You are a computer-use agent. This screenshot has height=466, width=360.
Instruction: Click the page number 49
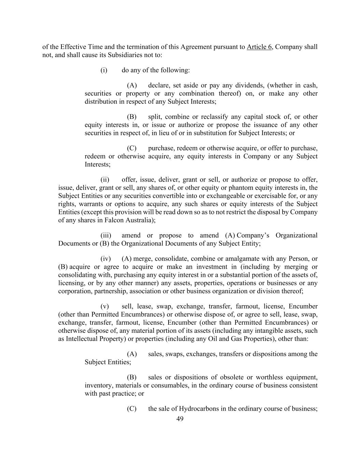point(180,419)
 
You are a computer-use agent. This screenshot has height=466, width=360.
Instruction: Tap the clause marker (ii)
point(105,180)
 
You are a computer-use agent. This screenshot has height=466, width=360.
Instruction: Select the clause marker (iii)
point(105,236)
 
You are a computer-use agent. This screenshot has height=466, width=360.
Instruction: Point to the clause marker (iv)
point(105,259)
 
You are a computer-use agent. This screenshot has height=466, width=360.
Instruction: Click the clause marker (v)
point(104,306)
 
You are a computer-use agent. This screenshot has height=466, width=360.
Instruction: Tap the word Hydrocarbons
point(199,409)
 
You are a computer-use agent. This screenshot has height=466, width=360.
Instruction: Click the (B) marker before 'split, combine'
point(132,117)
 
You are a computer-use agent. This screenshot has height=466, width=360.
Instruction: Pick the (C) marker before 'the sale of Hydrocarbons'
point(132,409)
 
